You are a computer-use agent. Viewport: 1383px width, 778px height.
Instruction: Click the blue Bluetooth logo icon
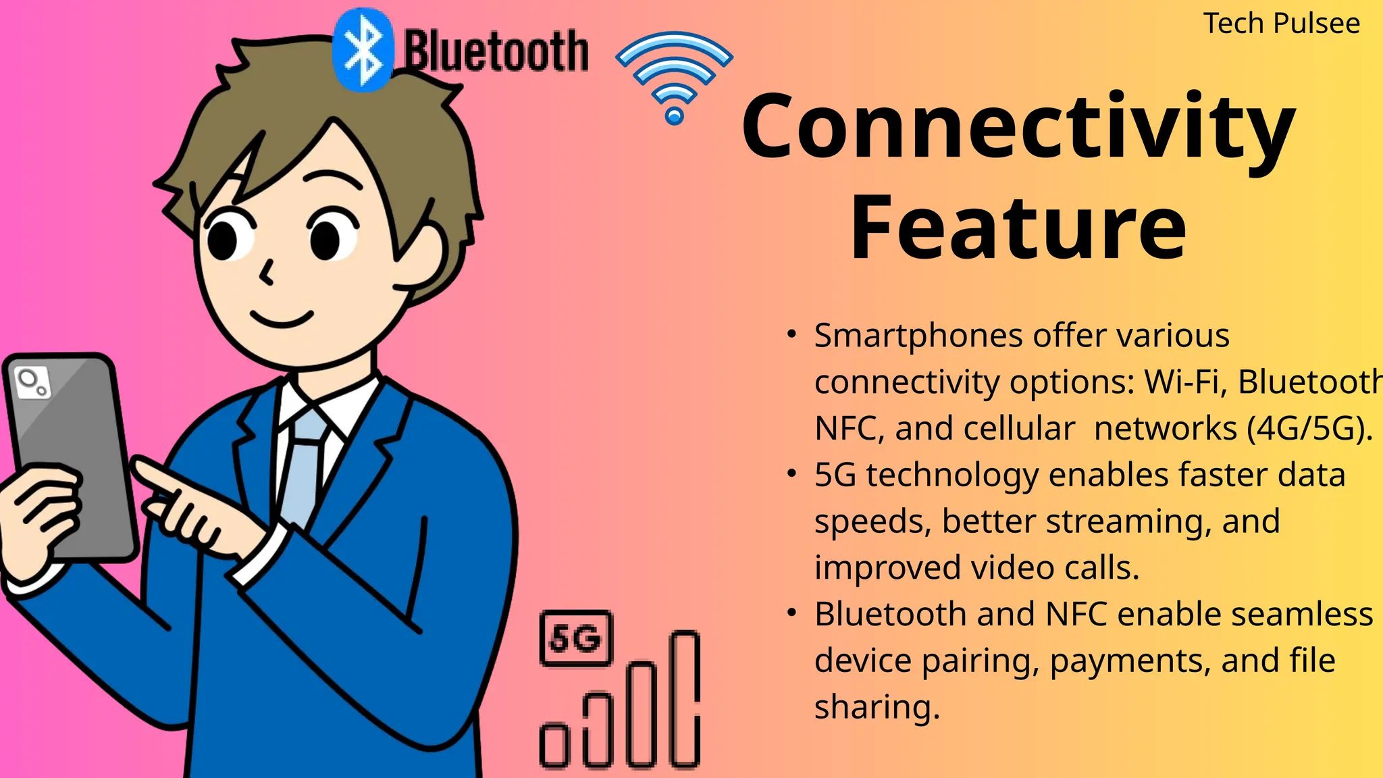363,50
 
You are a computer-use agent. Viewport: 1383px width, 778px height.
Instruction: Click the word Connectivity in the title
1018,128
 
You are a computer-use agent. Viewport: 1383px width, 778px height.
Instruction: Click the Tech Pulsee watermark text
1281,24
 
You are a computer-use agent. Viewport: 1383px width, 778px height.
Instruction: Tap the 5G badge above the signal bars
576,638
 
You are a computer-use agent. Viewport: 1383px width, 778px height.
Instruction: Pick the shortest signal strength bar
554,745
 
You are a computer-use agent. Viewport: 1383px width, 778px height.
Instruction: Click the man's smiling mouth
282,319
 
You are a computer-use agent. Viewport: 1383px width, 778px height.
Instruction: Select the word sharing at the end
877,708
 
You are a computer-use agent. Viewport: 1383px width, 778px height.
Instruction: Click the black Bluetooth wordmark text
496,51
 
